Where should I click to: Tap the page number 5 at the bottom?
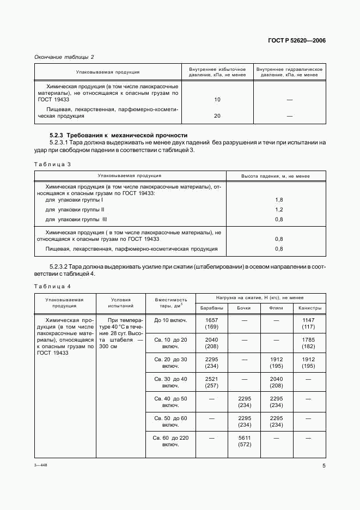(x=324, y=466)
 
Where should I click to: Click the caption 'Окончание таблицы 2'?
(x=64, y=57)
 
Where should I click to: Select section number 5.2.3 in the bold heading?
(x=57, y=135)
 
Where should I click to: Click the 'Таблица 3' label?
(x=53, y=163)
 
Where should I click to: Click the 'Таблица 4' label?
(x=53, y=286)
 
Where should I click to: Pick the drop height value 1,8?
(x=279, y=200)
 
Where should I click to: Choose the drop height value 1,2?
(x=279, y=209)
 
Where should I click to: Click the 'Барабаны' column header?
(x=212, y=308)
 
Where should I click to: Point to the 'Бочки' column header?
(x=244, y=308)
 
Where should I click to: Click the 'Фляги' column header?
(x=277, y=308)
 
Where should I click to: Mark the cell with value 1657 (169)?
(x=212, y=323)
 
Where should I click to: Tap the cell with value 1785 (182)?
(x=309, y=343)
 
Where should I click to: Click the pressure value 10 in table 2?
(x=217, y=100)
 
